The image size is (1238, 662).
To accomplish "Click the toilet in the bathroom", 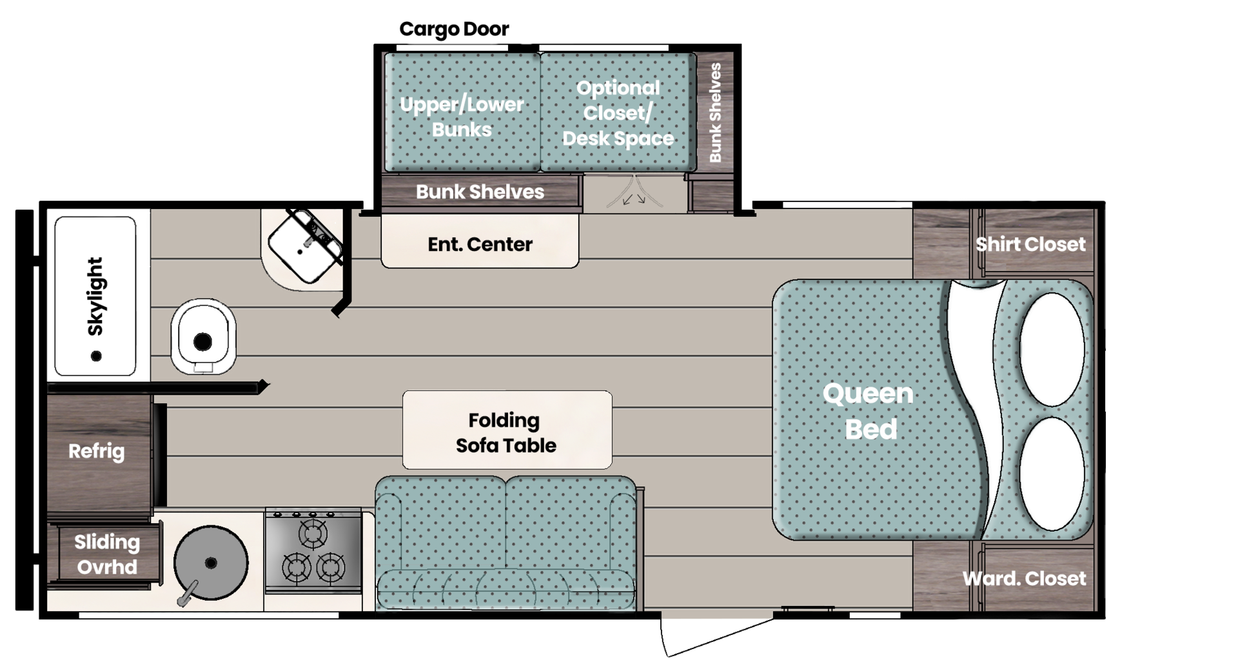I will tap(202, 336).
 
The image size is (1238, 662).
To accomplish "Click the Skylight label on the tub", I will tap(95, 296).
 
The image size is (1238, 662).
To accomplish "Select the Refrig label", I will tap(97, 451).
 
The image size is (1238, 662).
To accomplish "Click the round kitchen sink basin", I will tap(211, 563).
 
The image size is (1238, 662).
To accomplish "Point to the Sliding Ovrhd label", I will tap(106, 554).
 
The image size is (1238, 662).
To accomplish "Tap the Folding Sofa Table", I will tap(507, 432).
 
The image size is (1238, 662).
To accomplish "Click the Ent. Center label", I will tap(480, 245).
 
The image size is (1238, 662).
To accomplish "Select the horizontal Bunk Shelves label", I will tap(480, 192).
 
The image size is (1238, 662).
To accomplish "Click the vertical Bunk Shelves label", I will tap(715, 113).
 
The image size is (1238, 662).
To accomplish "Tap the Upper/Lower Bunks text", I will tap(462, 117).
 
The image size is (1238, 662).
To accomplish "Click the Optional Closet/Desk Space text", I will tap(618, 113).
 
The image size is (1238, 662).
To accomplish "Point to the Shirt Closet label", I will tap(1030, 244).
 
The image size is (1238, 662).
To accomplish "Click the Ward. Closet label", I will tap(1024, 578).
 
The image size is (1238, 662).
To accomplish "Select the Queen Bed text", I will tap(869, 411).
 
